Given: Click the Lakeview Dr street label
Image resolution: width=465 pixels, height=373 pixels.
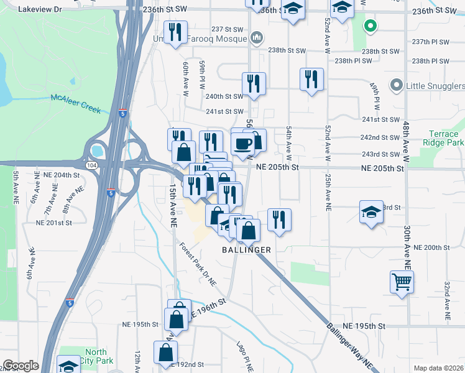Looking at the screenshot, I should click(40, 9).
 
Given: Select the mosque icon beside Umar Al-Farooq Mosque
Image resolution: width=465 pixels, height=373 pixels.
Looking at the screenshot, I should click(256, 39).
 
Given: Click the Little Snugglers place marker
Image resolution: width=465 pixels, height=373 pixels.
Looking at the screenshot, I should click(395, 85).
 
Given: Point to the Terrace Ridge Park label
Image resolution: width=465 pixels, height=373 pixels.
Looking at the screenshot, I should click(443, 138).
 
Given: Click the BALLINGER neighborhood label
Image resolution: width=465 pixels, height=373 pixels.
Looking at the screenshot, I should click(247, 249).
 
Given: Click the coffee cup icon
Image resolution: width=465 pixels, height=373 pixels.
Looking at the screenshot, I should click(242, 144).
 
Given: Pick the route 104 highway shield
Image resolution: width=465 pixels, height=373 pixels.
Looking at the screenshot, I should click(91, 165).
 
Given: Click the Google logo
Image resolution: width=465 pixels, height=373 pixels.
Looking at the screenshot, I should click(21, 366).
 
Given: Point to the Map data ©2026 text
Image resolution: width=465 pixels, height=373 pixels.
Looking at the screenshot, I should click(439, 368).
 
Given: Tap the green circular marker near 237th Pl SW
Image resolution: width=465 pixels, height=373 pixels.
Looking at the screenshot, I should click(370, 26).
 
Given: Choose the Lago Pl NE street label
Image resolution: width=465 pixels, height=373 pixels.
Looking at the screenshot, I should click(245, 356).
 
